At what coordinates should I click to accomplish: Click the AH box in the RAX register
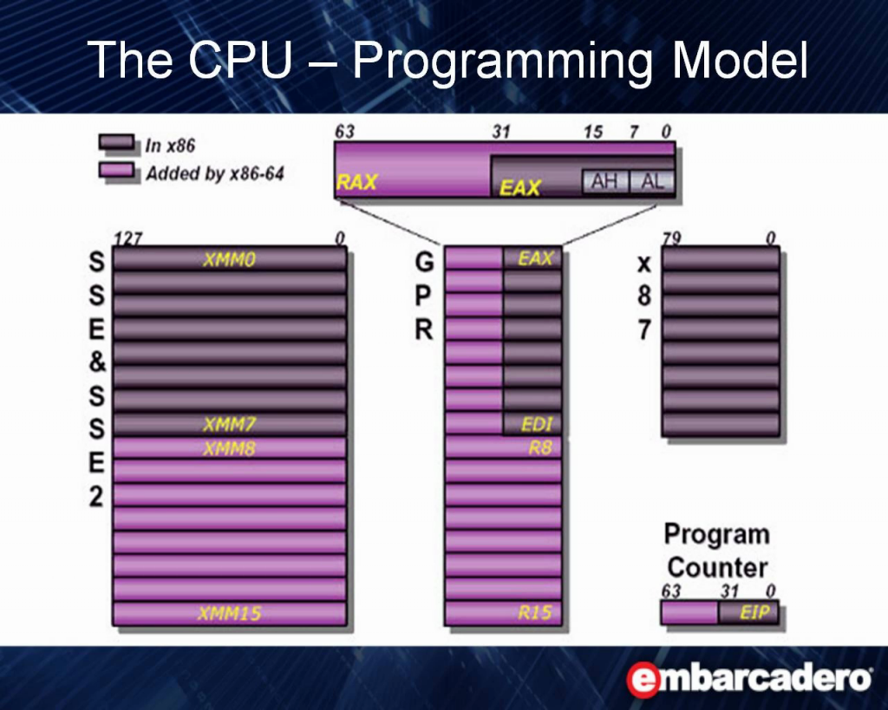tap(604, 182)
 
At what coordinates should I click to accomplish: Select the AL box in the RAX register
tap(651, 182)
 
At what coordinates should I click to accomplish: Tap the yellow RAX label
tap(356, 182)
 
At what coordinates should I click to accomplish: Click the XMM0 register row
tap(229, 258)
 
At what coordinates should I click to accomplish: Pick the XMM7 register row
tap(229, 424)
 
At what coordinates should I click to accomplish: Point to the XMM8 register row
tap(229, 448)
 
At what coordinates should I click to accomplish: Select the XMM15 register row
tap(229, 613)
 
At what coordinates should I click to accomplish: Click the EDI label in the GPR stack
tap(537, 424)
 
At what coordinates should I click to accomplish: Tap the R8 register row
tap(504, 448)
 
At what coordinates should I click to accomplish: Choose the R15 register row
tap(504, 613)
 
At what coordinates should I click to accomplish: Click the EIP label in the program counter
tap(754, 612)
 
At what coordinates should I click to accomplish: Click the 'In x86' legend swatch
tap(117, 142)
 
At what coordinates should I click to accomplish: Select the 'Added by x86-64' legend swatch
tap(117, 170)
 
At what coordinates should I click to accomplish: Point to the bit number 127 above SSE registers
tap(128, 238)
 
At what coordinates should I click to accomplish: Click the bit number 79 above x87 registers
tap(672, 238)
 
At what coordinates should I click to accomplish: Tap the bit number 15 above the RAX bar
tap(593, 132)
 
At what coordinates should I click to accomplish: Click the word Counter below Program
tap(717, 567)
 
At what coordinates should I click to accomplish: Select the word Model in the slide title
tap(740, 60)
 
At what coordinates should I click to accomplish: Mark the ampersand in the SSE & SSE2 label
tap(97, 362)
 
